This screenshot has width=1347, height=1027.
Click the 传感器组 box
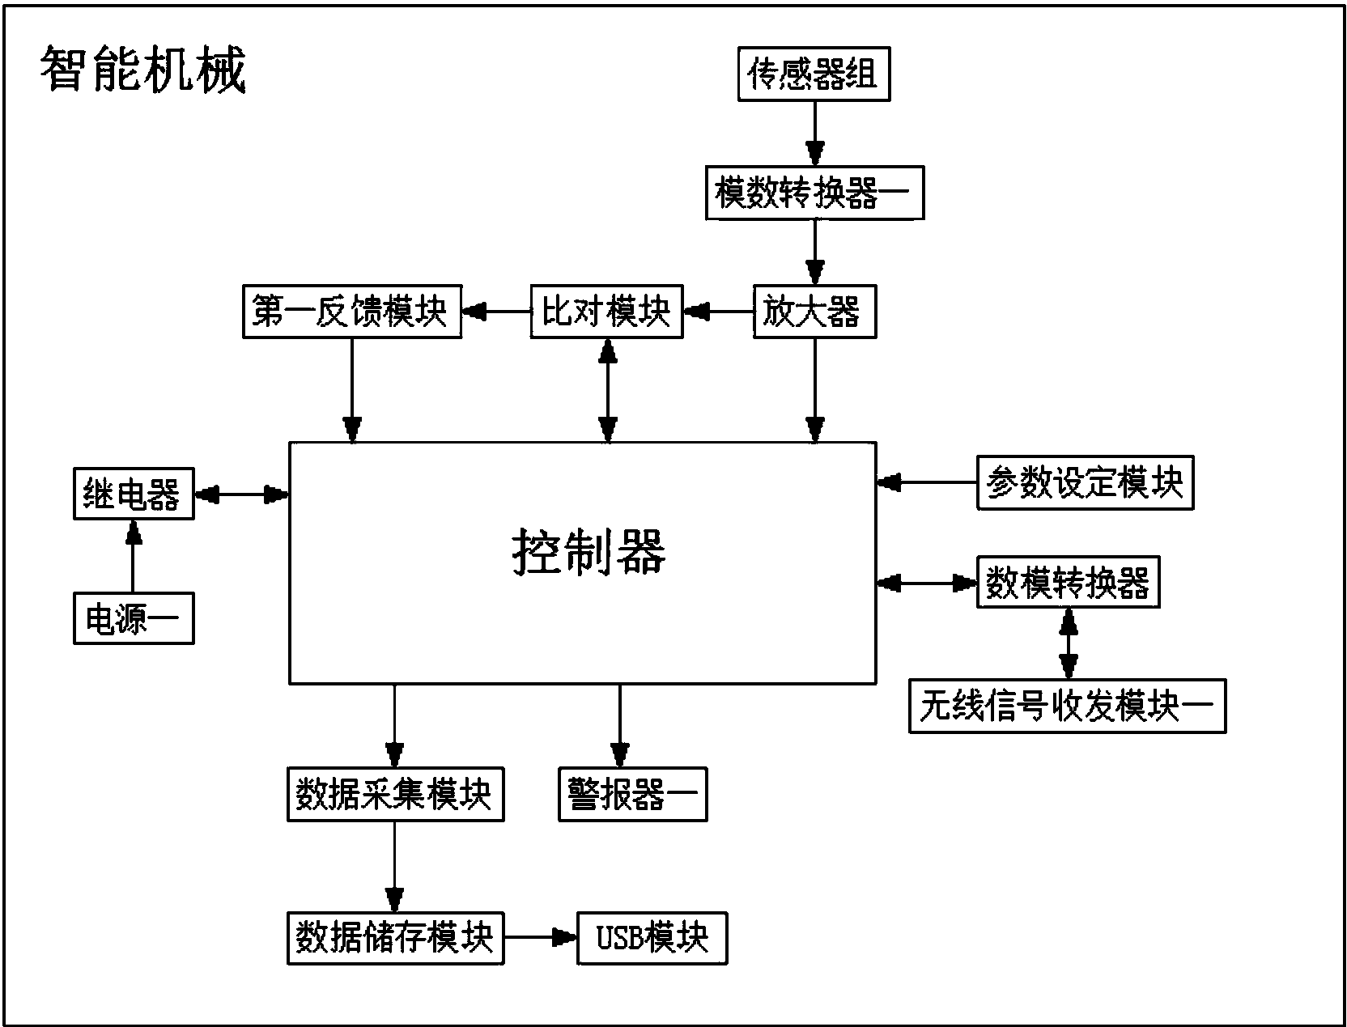(814, 74)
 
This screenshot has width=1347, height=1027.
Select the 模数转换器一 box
(814, 193)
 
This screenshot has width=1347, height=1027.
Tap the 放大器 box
(814, 312)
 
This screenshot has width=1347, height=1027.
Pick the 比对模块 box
(606, 312)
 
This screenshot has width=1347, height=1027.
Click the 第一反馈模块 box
(352, 312)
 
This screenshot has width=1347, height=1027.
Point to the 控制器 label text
(589, 553)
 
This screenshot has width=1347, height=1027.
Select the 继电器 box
(134, 494)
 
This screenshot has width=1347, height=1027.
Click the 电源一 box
(134, 619)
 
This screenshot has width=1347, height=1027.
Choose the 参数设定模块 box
(1085, 483)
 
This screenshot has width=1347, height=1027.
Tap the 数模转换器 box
(1068, 582)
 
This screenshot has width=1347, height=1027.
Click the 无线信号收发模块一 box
(1067, 707)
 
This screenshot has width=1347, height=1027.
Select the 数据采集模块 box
(395, 795)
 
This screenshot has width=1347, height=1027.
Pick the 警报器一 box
(632, 795)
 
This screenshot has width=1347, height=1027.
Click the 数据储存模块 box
(395, 938)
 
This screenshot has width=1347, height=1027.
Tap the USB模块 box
(652, 938)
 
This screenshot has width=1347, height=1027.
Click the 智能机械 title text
(142, 71)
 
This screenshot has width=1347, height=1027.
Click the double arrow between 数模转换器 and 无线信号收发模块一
(1069, 643)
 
